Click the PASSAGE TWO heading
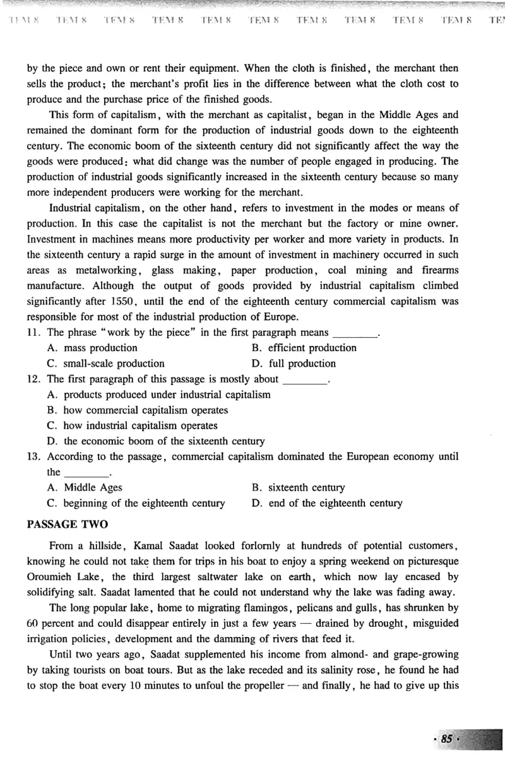pos(68,524)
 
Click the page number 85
pos(447,739)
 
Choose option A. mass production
pos(92,348)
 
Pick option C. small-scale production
pos(105,364)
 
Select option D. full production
pos(294,364)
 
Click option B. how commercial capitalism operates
pos(138,410)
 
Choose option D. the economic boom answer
pos(156,441)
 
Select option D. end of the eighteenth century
pos(326,503)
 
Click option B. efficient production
pos(304,348)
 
